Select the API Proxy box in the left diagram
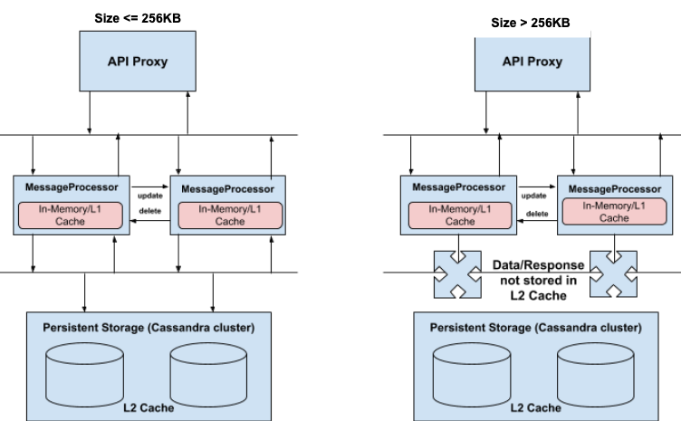[x=139, y=62]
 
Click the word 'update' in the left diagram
[x=150, y=195]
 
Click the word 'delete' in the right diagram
[x=537, y=214]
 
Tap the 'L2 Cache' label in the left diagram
[x=149, y=407]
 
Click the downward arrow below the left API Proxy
[x=89, y=117]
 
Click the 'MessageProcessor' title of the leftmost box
[x=73, y=187]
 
